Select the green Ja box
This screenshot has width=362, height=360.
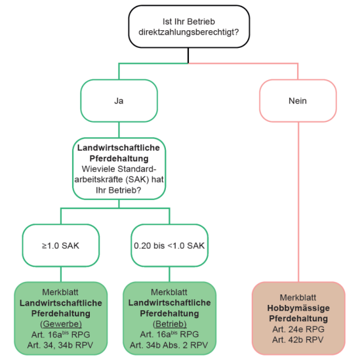[119, 102]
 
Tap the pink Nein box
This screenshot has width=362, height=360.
[298, 102]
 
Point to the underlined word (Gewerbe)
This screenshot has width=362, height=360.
[61, 323]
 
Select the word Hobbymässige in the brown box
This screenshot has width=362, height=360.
[298, 308]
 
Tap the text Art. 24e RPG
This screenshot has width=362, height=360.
[298, 329]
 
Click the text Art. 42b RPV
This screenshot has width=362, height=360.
[298, 339]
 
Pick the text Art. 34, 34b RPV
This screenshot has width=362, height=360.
[61, 344]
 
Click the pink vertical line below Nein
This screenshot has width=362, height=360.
[298, 197]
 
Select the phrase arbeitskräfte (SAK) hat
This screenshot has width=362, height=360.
[119, 180]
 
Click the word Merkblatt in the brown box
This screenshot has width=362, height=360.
[298, 297]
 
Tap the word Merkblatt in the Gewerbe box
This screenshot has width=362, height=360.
[61, 292]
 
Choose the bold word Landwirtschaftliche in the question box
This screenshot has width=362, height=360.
[119, 148]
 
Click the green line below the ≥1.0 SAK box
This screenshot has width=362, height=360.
[61, 273]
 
